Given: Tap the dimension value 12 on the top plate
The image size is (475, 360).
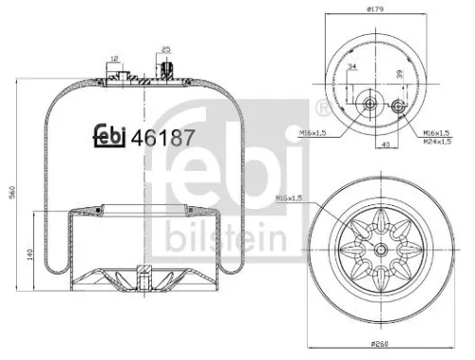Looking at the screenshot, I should click(x=115, y=59).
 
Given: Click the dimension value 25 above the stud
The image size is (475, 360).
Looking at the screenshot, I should click(x=167, y=48).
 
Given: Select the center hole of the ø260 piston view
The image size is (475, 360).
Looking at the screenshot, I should click(x=381, y=250).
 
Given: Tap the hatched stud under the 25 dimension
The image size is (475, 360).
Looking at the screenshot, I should click(x=167, y=70).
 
